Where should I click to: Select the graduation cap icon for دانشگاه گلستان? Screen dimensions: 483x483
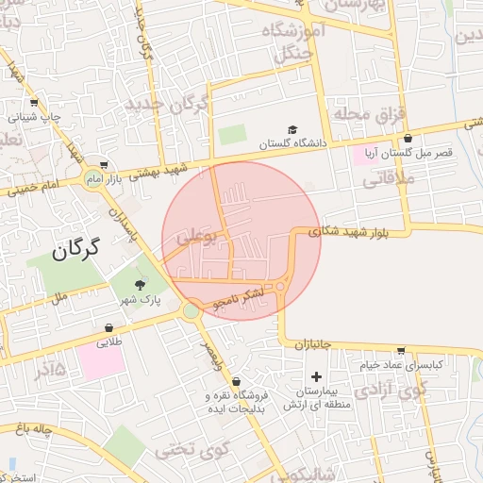point(292,130)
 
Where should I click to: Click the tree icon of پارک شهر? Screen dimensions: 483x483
point(141,284)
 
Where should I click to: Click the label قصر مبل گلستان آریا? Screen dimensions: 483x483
point(417,151)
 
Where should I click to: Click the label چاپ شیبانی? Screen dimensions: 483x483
point(36,117)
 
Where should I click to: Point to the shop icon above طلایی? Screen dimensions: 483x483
point(110,328)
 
